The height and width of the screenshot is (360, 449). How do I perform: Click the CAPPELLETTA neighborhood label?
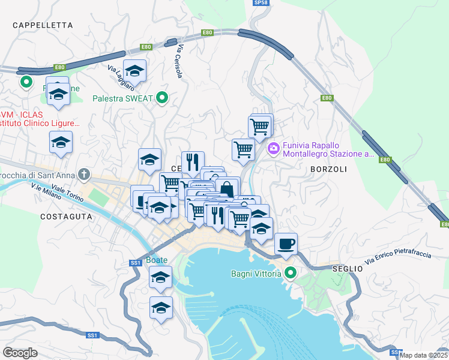pos(43,25)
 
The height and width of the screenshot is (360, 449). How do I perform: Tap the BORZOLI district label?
pos(328,169)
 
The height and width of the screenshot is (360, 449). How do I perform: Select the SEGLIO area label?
pos(348,269)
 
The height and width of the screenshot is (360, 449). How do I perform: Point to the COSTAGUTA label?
pos(66,216)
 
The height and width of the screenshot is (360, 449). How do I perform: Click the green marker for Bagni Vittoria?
pos(291,274)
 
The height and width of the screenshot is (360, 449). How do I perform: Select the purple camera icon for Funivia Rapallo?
pos(274,148)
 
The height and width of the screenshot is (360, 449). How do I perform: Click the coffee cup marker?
pos(286,244)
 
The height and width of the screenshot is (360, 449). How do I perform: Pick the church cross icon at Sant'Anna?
pos(85,175)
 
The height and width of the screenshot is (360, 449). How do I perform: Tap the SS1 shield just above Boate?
pos(135,263)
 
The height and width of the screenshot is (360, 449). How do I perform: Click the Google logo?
pos(20,353)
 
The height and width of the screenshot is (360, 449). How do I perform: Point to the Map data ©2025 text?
pos(423,355)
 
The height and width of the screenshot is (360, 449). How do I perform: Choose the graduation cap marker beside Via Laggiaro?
pos(134,70)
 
